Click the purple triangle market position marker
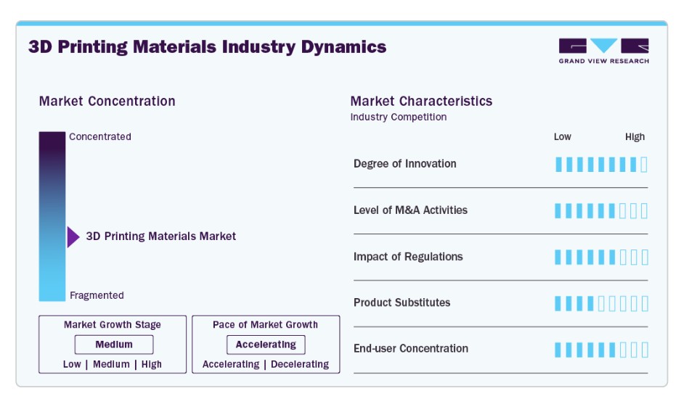pos(73,237)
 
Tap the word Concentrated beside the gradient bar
pos(100,136)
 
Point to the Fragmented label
pos(97,295)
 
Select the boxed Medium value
pos(114,345)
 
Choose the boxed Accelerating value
pos(266,345)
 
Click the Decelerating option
pos(300,364)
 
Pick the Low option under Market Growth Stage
pos(72,364)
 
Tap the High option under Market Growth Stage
pos(152,364)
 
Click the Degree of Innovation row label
pos(404,164)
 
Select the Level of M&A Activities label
pos(410,210)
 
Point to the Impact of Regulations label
pos(408,257)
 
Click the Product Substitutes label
pos(402,302)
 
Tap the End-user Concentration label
pos(411,349)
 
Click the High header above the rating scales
pos(635,137)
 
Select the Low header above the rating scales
pos(563,137)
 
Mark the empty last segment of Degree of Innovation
pos(644,165)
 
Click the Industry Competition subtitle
pos(399,117)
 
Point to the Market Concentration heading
pos(107,102)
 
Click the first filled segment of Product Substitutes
pos(558,303)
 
